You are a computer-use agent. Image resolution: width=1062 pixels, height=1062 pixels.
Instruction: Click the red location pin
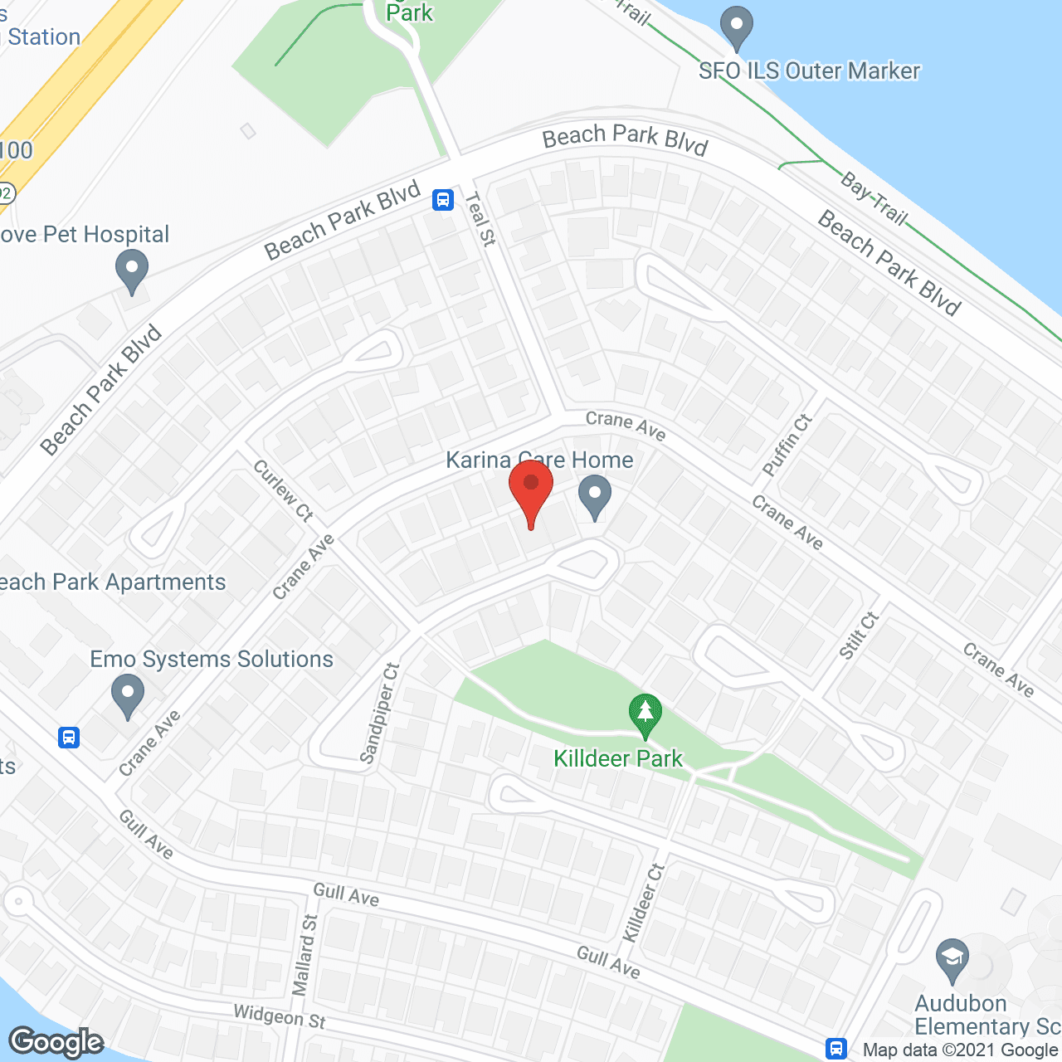pos(531,490)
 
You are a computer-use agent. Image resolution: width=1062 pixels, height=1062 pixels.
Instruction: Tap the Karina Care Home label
pos(539,460)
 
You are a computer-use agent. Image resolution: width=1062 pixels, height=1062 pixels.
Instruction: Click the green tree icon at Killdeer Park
pos(645,715)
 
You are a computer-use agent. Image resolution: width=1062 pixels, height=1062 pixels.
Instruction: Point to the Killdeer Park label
pos(618,758)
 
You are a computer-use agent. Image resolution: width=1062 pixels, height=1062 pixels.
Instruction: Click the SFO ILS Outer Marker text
pos(809,71)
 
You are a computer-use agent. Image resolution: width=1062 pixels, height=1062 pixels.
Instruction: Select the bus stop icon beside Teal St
pos(443,199)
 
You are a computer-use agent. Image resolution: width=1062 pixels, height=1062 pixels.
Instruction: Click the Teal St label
pos(480,218)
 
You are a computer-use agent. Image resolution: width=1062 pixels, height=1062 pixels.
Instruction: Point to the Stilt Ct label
pos(858,636)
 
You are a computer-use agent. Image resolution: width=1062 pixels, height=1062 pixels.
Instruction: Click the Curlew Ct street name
pos(284,490)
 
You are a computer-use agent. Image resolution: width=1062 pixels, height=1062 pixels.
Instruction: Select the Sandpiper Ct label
pos(380,713)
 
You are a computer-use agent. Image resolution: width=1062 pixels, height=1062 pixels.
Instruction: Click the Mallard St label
pos(304,955)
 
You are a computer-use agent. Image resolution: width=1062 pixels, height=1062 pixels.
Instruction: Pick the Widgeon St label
pos(280,1016)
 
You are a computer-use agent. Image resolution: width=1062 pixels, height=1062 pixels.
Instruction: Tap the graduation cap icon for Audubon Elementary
pos(952,960)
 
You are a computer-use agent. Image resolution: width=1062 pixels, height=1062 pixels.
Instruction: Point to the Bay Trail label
pos(874,198)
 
